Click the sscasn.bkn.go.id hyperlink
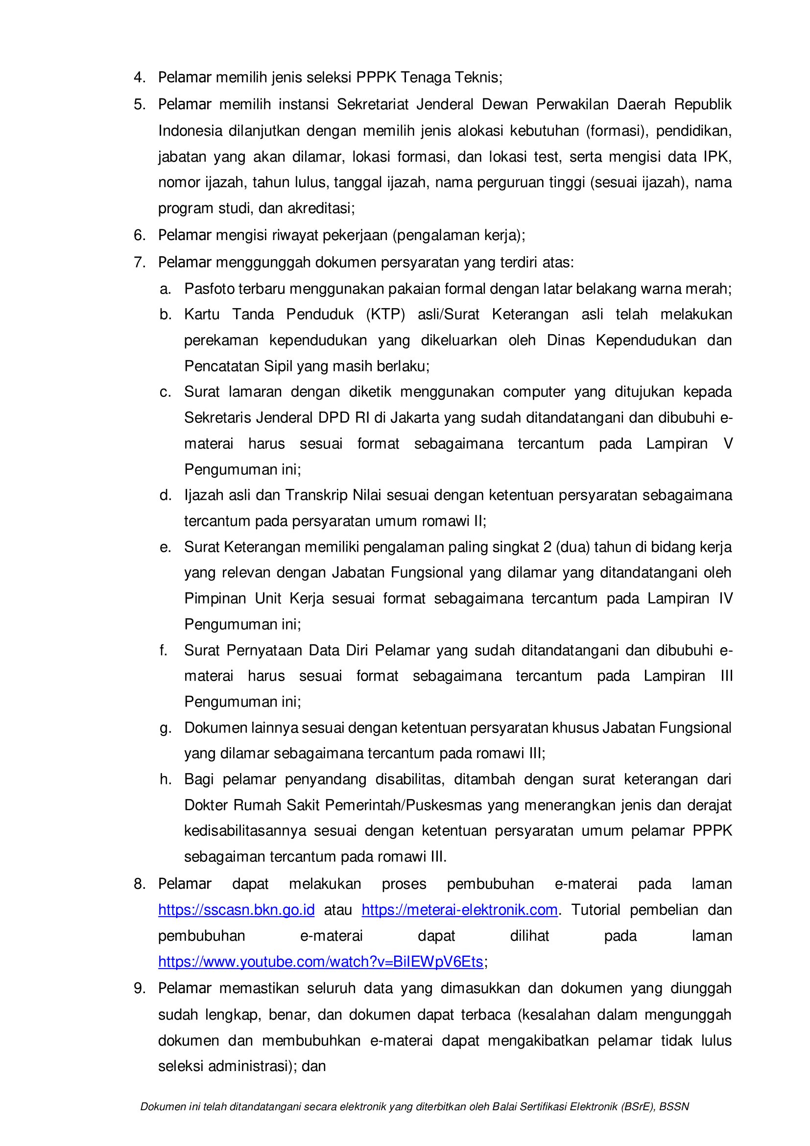(x=236, y=910)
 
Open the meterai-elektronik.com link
(x=459, y=910)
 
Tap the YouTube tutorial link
(x=320, y=962)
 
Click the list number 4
(x=139, y=78)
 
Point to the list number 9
(x=139, y=988)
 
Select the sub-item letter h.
(x=165, y=779)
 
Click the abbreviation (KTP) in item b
(x=385, y=315)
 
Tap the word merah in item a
(x=710, y=289)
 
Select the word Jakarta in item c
(x=414, y=418)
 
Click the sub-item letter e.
(x=165, y=547)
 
